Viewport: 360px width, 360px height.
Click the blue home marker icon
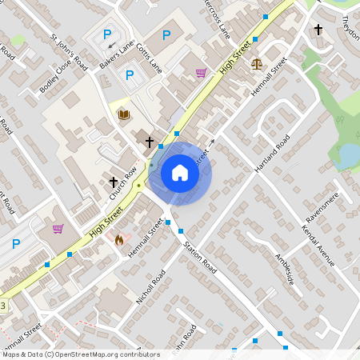pos(180,173)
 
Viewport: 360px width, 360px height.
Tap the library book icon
pos(123,115)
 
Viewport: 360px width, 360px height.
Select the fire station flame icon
pos(120,239)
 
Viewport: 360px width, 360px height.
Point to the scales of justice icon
pos(256,64)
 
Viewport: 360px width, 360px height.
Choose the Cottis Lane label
pos(149,58)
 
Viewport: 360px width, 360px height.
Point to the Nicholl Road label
pos(150,286)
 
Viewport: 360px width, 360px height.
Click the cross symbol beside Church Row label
pos(114,182)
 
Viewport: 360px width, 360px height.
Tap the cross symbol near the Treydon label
pos(318,30)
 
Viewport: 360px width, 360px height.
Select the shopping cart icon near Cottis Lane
pos(200,73)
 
